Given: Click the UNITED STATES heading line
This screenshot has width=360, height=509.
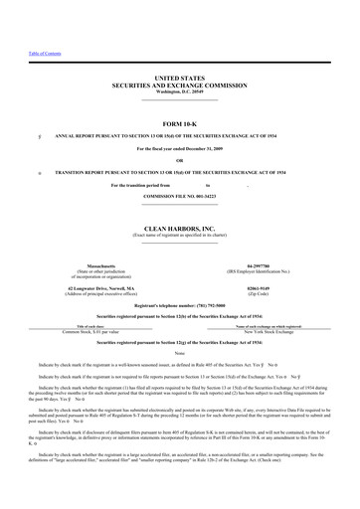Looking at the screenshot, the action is click(x=179, y=76).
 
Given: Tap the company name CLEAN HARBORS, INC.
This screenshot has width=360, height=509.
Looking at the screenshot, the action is click(x=179, y=200).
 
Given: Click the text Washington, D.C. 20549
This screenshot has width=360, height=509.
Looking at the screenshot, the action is click(x=179, y=88).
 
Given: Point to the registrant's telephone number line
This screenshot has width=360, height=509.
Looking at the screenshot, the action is click(x=179, y=275).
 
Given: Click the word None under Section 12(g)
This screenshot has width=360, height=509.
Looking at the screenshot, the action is click(x=179, y=325).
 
